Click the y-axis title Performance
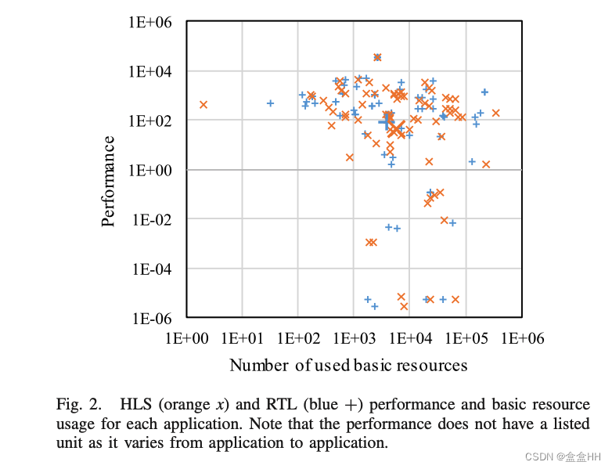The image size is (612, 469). tap(110, 181)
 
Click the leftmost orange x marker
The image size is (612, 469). tap(203, 104)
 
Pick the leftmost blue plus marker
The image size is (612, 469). tap(270, 103)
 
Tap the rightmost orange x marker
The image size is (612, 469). tap(495, 113)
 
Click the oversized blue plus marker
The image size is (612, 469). tap(387, 122)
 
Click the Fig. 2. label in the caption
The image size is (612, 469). tap(78, 406)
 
